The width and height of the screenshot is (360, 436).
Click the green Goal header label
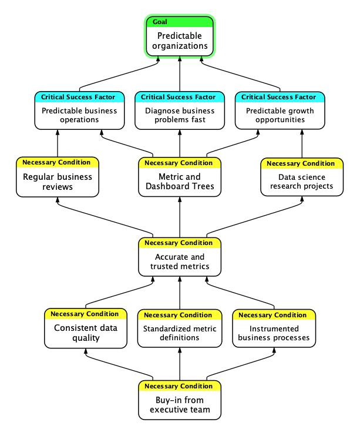pyautogui.click(x=160, y=22)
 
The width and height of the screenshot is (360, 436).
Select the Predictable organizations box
pyautogui.click(x=180, y=36)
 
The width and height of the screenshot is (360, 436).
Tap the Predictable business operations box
pyautogui.click(x=79, y=110)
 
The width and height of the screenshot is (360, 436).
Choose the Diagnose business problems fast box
pyautogui.click(x=180, y=110)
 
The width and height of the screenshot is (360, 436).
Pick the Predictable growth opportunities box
pyautogui.click(x=280, y=110)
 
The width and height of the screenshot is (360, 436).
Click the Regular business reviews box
pyautogui.click(x=58, y=177)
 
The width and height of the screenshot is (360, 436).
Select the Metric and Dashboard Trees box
pyautogui.click(x=180, y=177)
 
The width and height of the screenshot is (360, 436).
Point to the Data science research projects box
pyautogui.click(x=302, y=177)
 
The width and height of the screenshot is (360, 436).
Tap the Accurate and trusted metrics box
pyautogui.click(x=180, y=257)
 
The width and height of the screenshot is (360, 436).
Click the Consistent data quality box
pyautogui.click(x=86, y=328)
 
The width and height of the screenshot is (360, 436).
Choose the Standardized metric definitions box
pyautogui.click(x=180, y=328)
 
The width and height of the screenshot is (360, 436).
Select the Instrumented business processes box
pyautogui.click(x=274, y=328)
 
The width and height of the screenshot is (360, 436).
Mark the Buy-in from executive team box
pyautogui.click(x=180, y=400)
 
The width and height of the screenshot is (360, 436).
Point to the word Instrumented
pyautogui.click(x=274, y=328)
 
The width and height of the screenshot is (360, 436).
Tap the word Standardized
pyautogui.click(x=166, y=328)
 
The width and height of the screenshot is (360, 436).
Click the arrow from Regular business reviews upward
pyautogui.click(x=58, y=143)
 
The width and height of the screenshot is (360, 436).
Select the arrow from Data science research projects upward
pyautogui.click(x=302, y=144)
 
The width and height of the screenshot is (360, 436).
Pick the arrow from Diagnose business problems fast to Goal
pyautogui.click(x=180, y=74)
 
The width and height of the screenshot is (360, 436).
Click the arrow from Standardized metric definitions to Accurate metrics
pyautogui.click(x=180, y=293)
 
